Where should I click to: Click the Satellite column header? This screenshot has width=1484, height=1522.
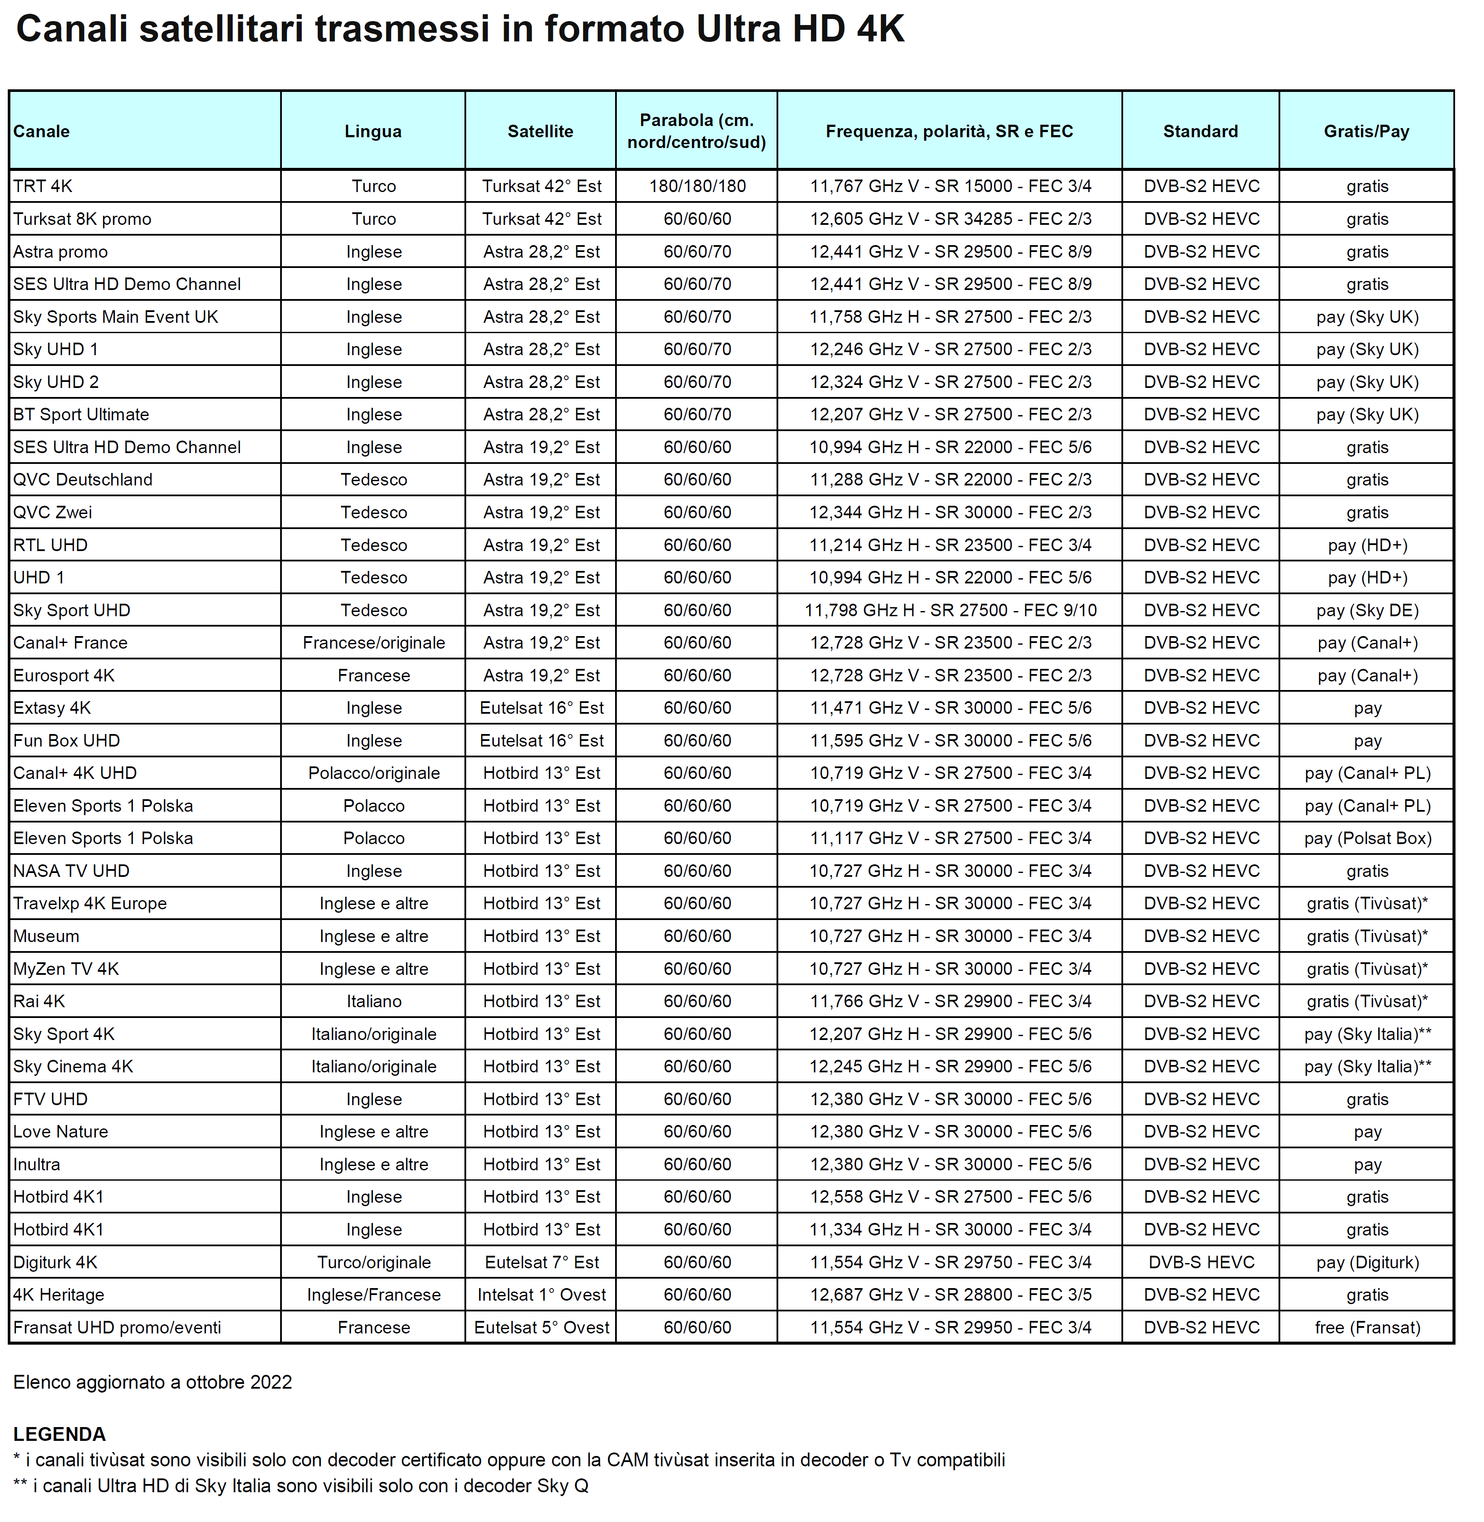pyautogui.click(x=540, y=131)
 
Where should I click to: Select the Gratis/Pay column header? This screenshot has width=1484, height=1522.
pyautogui.click(x=1366, y=131)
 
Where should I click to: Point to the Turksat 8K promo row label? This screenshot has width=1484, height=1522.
pyautogui.click(x=82, y=219)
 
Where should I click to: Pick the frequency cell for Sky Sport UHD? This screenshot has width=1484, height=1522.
pyautogui.click(x=950, y=610)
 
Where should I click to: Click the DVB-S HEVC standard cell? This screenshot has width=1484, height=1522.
pyautogui.click(x=1201, y=1262)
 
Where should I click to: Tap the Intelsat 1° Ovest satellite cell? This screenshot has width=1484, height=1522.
pyautogui.click(x=541, y=1295)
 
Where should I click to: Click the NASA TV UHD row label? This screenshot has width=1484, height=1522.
pyautogui.click(x=72, y=871)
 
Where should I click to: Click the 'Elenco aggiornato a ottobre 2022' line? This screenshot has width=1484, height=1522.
pyautogui.click(x=153, y=1382)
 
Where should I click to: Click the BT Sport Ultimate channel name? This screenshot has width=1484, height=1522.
pyautogui.click(x=81, y=415)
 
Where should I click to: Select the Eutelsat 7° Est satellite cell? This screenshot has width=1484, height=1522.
pyautogui.click(x=541, y=1262)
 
